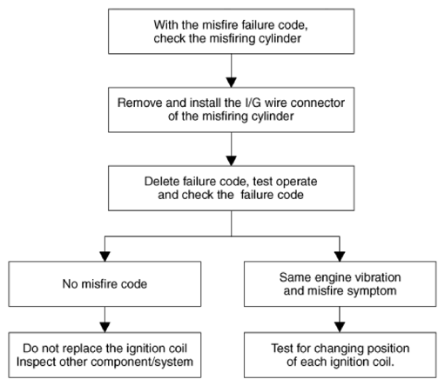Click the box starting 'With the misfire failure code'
pos(231,31)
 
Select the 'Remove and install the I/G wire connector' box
pos(231,110)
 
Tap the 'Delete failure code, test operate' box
pos(231,189)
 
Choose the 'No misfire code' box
pos(105,284)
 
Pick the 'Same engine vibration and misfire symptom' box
pos(340,284)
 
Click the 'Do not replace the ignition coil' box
pos(105,355)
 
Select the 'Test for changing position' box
pos(340,355)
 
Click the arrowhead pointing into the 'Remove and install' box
pos(232,83)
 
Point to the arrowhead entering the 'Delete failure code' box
pos(232,161)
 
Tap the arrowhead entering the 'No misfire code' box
pos(105,256)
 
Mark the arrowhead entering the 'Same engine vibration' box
pos(340,256)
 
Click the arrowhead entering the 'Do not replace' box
pos(105,328)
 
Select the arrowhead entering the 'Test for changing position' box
pos(340,328)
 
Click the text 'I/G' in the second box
pos(252,103)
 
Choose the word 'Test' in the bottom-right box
pos(282,349)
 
